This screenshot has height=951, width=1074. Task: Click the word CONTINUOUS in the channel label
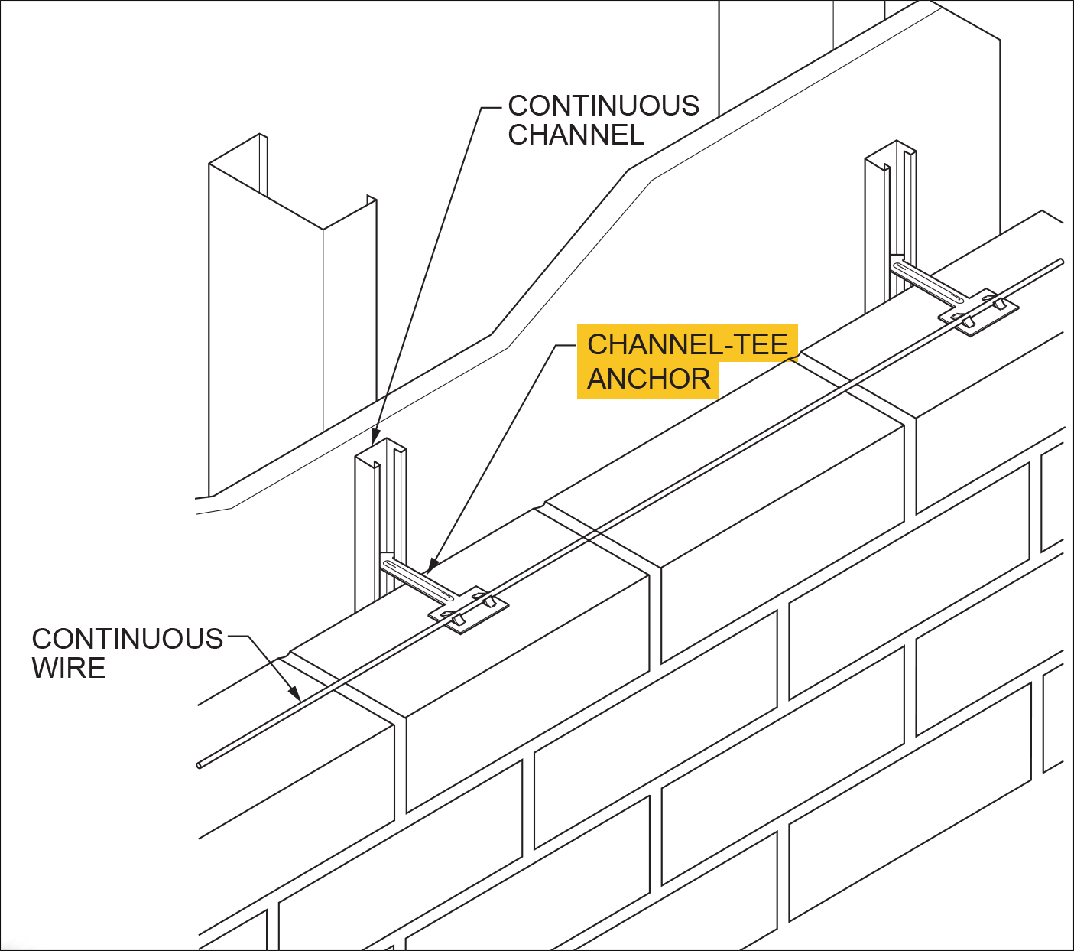pyautogui.click(x=603, y=106)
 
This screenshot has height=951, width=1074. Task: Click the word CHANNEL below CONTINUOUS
pyautogui.click(x=576, y=135)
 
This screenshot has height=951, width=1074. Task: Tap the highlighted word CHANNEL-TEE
pyautogui.click(x=686, y=344)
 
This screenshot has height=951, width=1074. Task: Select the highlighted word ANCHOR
pyautogui.click(x=648, y=379)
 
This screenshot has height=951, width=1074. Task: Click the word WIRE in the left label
pyautogui.click(x=69, y=668)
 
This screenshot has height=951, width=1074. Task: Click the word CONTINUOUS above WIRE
pyautogui.click(x=127, y=639)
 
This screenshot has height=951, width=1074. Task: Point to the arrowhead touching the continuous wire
pyautogui.click(x=295, y=693)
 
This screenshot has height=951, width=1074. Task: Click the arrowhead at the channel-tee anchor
pyautogui.click(x=430, y=567)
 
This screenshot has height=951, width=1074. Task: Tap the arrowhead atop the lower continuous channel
pyautogui.click(x=375, y=438)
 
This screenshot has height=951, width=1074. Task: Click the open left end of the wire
pyautogui.click(x=200, y=764)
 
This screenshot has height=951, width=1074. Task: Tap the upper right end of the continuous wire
pyautogui.click(x=1060, y=262)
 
